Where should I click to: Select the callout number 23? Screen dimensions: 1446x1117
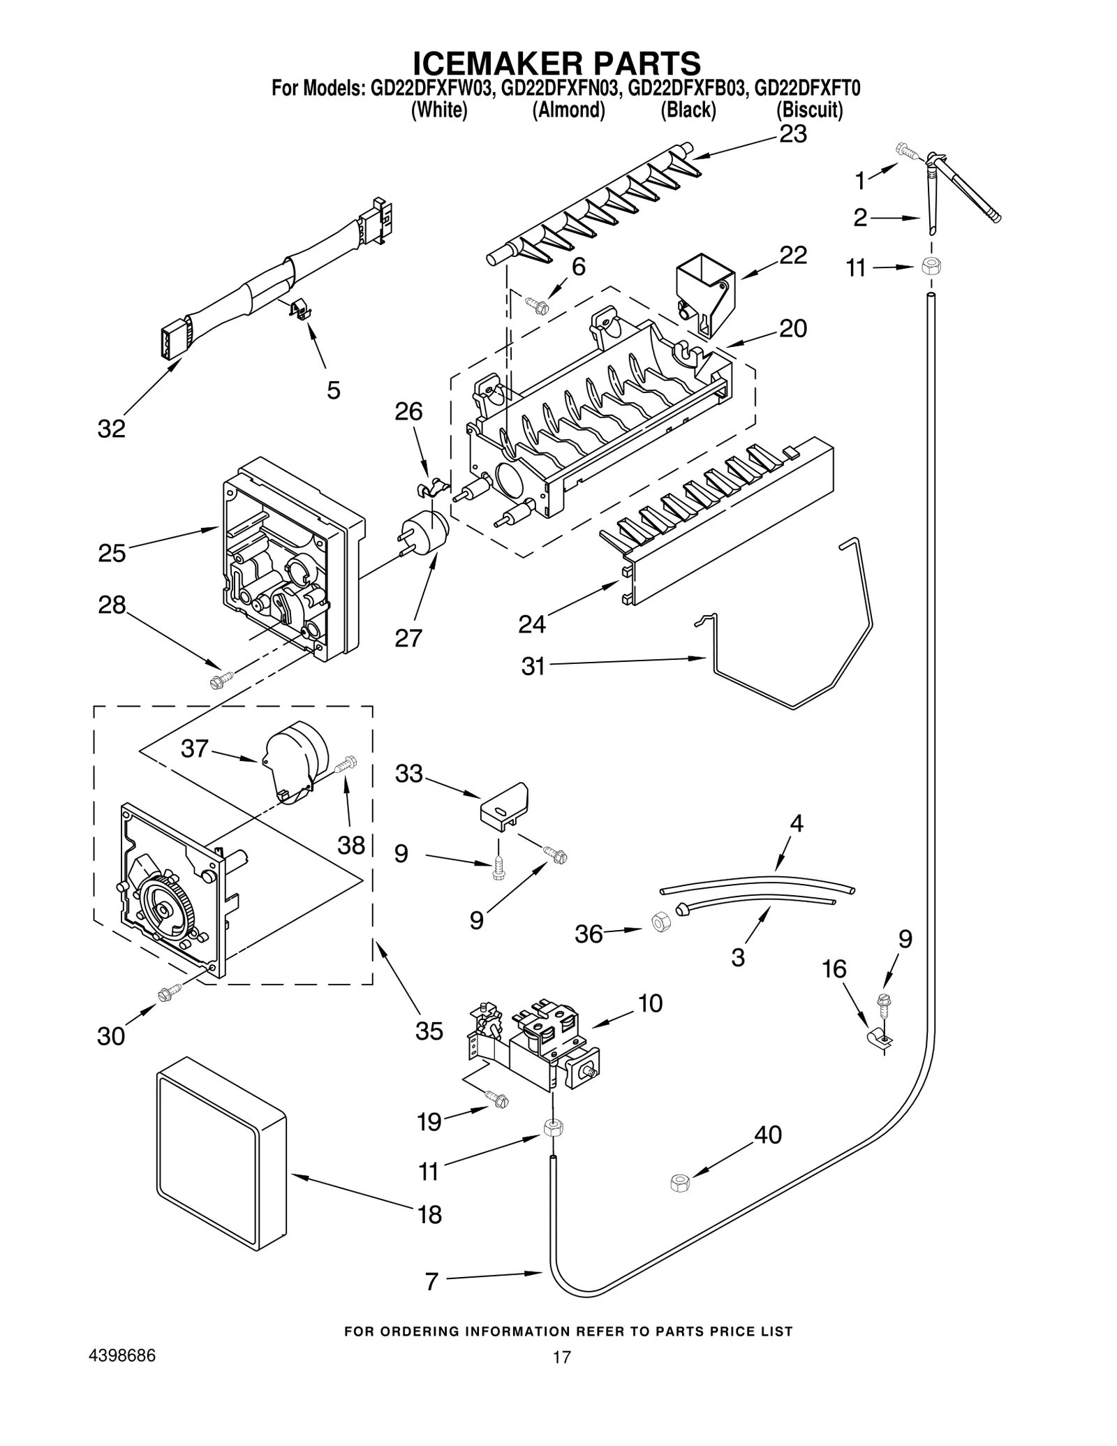tap(793, 133)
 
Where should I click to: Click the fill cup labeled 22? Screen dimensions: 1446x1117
tap(705, 292)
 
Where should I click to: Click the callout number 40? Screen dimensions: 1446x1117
tap(768, 1135)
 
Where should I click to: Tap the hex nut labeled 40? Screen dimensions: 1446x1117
tap(679, 1183)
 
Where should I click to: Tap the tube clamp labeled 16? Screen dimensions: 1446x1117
tap(877, 1040)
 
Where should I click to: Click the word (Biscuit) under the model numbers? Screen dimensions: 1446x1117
tap(809, 110)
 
